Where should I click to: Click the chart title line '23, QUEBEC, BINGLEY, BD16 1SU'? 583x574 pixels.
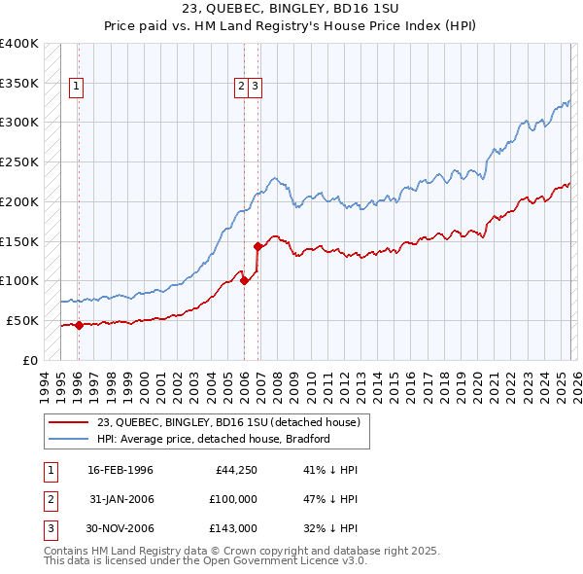coord(291,9)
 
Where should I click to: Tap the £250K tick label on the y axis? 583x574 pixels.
coord(19,161)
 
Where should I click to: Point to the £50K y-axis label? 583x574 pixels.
coord(22,320)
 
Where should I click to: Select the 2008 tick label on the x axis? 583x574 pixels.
coord(278,384)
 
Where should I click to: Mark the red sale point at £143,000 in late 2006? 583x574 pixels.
coord(258,247)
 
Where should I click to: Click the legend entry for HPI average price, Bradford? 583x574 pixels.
coord(214,439)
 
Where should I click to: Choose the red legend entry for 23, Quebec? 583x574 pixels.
coord(228,422)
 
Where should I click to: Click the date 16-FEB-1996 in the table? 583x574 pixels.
coord(120,470)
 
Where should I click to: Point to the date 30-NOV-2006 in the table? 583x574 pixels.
coord(120,528)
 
